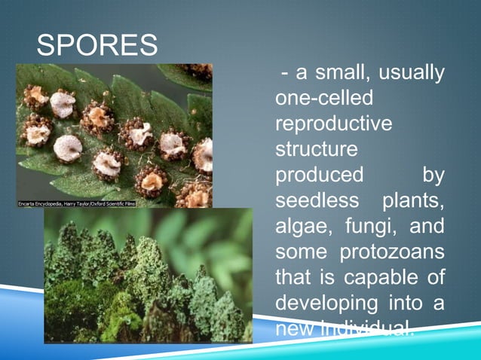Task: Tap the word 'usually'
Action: pos(411,74)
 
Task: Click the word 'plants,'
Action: pos(412,201)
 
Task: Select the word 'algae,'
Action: pos(304,227)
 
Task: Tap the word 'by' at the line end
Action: pos(433,175)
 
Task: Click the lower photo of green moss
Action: pos(148,276)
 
